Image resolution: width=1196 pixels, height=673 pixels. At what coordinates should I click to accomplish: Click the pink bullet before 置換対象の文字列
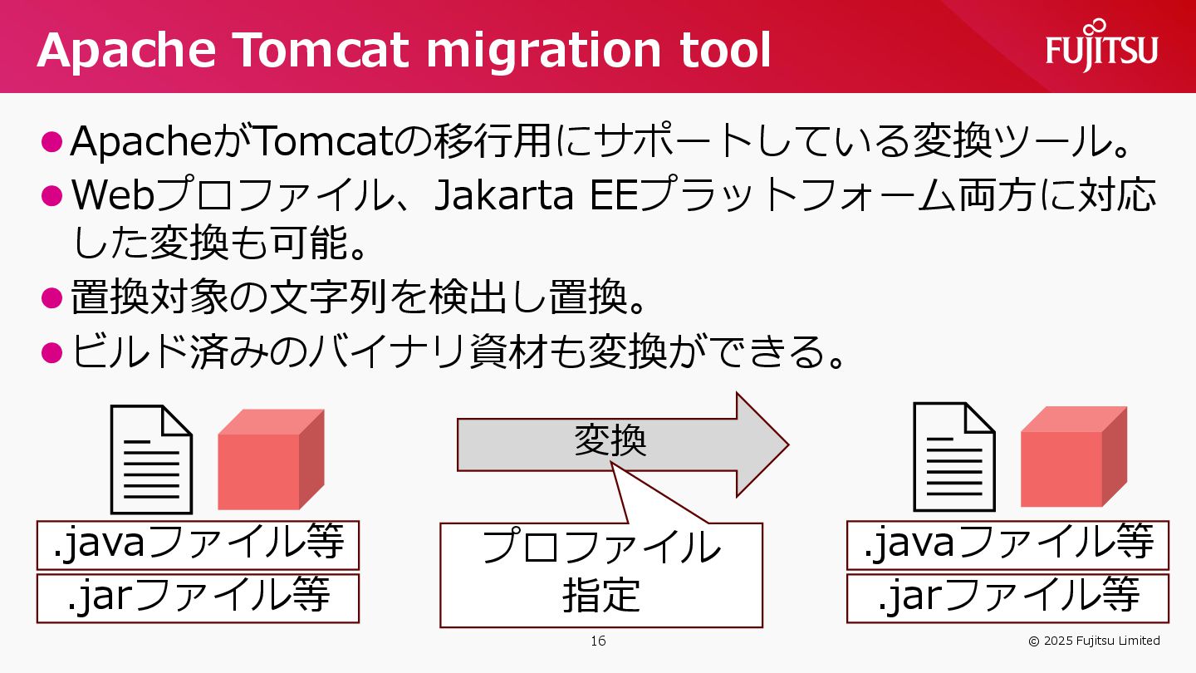click(x=51, y=297)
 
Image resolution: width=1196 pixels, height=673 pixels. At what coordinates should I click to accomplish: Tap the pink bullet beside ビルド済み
click(x=51, y=352)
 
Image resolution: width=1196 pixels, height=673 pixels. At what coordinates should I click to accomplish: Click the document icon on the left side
click(x=152, y=459)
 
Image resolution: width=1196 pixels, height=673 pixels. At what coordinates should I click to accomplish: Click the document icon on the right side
click(x=954, y=457)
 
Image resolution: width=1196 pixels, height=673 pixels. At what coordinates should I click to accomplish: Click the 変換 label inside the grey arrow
click(x=610, y=441)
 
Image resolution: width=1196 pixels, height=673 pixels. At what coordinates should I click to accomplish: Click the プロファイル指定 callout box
click(x=600, y=573)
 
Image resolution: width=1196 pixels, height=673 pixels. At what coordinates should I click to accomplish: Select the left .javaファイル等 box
click(x=198, y=545)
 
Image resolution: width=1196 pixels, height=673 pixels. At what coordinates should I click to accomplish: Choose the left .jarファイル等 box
click(x=198, y=597)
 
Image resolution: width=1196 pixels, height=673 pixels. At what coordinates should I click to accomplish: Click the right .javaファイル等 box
click(x=1007, y=545)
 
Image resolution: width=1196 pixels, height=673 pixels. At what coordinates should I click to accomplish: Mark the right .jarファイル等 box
click(x=1007, y=597)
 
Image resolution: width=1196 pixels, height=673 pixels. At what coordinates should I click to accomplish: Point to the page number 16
click(x=598, y=641)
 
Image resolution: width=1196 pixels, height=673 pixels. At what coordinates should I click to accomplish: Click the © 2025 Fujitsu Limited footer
click(x=1094, y=641)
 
